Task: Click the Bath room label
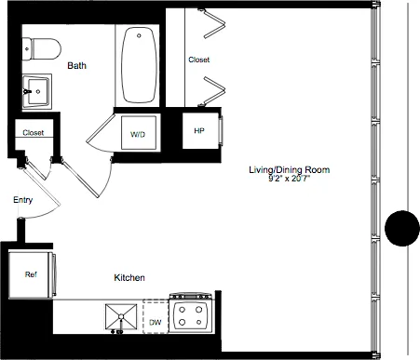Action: [x=77, y=65]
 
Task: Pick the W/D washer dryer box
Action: [x=138, y=135]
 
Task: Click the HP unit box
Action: [x=199, y=131]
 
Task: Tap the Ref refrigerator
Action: [x=31, y=274]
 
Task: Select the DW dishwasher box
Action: [x=155, y=322]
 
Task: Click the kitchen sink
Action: [x=119, y=316]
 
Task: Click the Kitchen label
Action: [x=129, y=277]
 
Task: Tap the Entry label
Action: [x=23, y=200]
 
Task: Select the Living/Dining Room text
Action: [x=289, y=169]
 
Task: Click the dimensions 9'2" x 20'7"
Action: [x=289, y=179]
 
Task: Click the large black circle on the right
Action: [x=404, y=228]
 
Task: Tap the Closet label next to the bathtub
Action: [x=199, y=60]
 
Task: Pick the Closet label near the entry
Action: [x=34, y=133]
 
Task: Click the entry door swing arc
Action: [x=47, y=209]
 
